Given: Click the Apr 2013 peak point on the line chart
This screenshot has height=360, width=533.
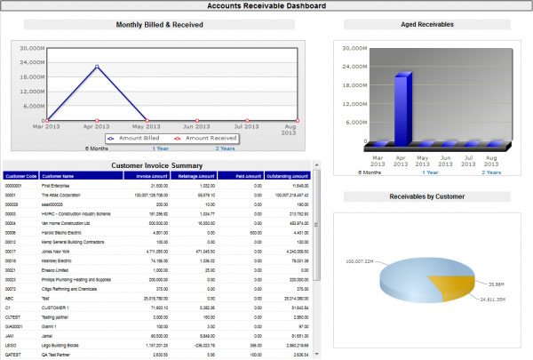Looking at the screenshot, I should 97,67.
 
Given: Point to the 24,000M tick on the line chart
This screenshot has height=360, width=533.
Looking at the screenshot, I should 30,62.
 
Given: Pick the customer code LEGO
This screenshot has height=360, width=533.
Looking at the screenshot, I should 12,342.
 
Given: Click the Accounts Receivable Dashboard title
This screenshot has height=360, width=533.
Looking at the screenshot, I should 266,6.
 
